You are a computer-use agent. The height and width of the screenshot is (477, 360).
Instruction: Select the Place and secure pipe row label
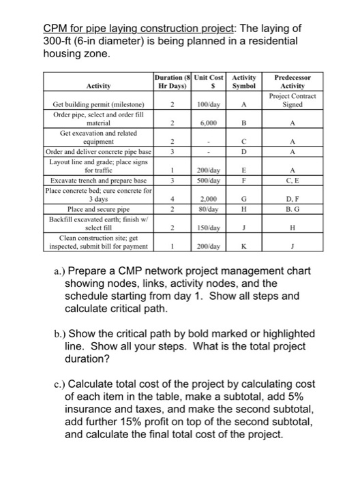[x=95, y=210]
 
